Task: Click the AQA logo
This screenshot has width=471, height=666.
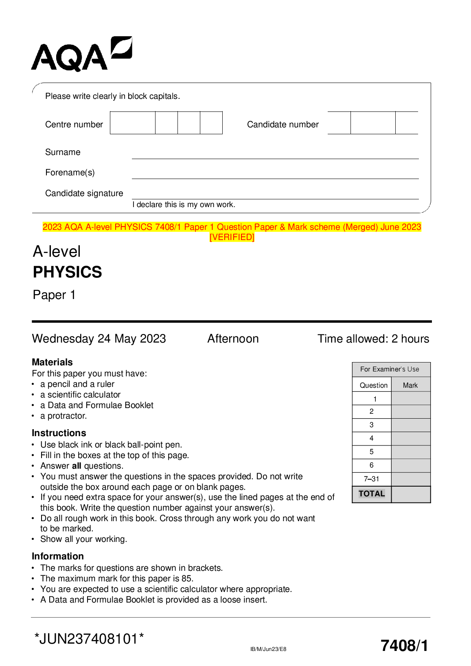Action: point(81,55)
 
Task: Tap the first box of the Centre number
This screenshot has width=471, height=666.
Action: point(133,123)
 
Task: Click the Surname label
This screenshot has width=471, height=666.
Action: point(63,152)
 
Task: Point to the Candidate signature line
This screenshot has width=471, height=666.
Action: point(275,199)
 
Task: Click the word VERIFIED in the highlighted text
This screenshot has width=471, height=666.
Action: point(232,237)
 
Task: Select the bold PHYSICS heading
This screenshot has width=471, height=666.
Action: point(68,272)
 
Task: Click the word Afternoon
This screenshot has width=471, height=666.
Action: point(233,338)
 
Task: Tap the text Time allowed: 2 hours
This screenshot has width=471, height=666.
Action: point(373,338)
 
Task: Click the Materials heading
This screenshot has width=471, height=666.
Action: point(52,362)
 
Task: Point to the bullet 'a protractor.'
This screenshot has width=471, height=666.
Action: point(64,416)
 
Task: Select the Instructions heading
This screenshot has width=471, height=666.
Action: point(59,433)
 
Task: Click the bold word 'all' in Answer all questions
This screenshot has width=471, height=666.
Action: point(77,466)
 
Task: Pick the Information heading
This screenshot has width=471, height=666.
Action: point(58,556)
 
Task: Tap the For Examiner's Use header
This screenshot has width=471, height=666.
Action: point(390,369)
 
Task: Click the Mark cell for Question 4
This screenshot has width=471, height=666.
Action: point(410,439)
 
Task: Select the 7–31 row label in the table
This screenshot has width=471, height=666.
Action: point(371,479)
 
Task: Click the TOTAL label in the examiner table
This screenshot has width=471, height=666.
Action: point(371,494)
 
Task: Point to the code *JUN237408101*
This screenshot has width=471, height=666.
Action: point(89,639)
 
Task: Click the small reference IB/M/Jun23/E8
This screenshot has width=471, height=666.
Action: point(268,649)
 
